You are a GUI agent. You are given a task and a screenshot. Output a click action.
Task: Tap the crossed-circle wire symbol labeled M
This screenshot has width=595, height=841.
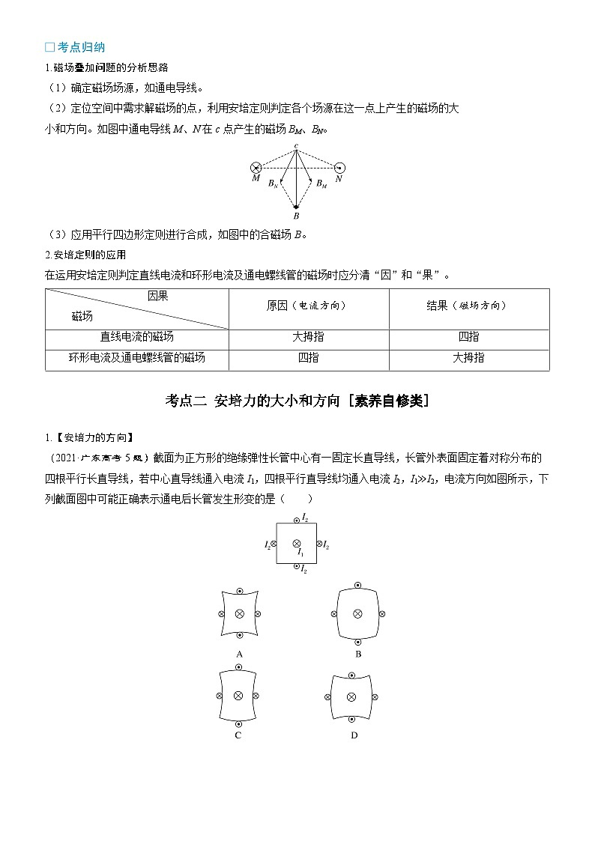256,168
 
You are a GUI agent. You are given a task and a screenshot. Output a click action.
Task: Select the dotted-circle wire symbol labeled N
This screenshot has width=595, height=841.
339,168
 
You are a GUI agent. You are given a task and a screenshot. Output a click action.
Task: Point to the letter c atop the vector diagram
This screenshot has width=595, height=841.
297,144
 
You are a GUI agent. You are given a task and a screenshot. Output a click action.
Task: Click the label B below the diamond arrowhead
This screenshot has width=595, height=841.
297,216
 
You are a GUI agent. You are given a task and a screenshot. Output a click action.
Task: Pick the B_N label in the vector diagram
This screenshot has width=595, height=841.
274,183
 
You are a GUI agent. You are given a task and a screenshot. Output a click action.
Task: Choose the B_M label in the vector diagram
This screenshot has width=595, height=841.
321,183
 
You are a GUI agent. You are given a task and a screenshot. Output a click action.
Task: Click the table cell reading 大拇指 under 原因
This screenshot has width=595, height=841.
308,338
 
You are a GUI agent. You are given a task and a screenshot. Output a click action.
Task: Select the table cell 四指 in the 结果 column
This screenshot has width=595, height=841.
468,338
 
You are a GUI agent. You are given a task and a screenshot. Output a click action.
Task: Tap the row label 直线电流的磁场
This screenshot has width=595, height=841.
137,338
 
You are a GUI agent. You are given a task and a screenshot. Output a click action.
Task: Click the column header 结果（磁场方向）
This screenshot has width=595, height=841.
468,306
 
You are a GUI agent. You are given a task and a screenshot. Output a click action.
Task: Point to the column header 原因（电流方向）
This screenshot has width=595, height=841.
308,306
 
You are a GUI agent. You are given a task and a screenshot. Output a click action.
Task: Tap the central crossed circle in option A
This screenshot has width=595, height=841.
239,614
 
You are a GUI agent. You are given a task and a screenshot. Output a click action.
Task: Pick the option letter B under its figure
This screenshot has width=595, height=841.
358,654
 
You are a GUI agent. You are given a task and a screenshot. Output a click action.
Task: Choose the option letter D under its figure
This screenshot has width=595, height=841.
354,735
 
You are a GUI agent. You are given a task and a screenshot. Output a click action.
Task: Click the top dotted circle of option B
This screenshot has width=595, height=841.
358,585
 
